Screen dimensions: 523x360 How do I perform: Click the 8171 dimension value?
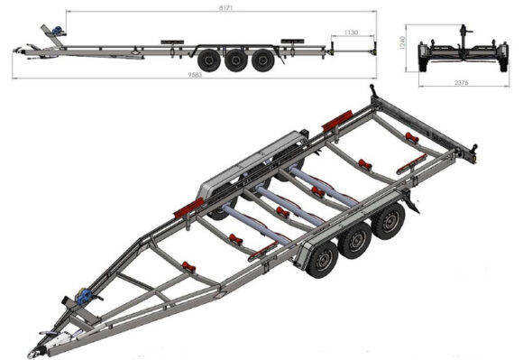click(x=225, y=8)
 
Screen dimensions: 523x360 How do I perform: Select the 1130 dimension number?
click(x=351, y=32)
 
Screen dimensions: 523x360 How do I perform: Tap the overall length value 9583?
click(x=195, y=75)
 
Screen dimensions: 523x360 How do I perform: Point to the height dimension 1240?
click(x=402, y=42)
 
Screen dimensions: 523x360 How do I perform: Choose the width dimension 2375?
click(x=462, y=83)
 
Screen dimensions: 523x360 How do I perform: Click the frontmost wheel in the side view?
click(x=209, y=60)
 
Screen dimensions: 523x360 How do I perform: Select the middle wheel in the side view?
click(x=236, y=60)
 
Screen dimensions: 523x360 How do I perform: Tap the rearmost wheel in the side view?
click(x=262, y=60)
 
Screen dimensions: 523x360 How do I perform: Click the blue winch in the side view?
click(x=58, y=31)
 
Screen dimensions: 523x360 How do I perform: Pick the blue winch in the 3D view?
click(x=84, y=296)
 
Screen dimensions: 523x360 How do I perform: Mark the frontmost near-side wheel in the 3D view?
click(x=322, y=260)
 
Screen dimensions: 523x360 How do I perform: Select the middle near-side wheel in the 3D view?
click(x=355, y=240)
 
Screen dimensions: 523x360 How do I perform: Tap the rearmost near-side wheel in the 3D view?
click(x=389, y=221)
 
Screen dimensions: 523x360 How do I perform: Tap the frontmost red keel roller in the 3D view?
click(x=188, y=267)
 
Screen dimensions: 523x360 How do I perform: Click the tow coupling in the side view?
click(x=17, y=51)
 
